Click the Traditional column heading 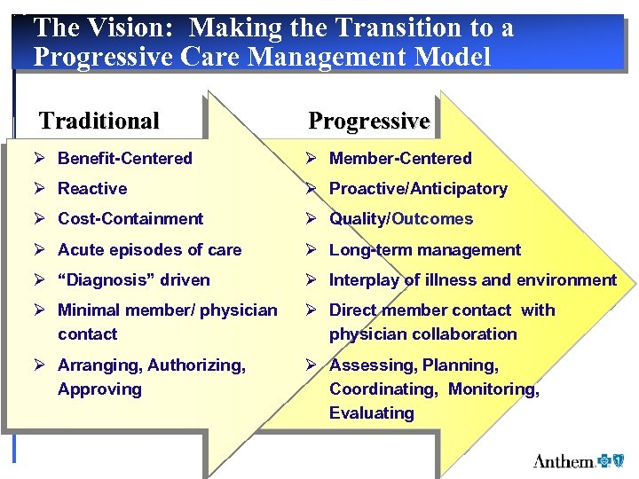99,121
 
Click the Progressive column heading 368,121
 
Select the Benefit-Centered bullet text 124,159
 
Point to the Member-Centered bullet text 400,159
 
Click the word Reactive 92,189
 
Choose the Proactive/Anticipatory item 418,189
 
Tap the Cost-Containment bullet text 130,219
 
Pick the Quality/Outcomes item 401,219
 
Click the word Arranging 99,365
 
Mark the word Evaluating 371,413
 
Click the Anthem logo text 564,461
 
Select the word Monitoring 493,389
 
